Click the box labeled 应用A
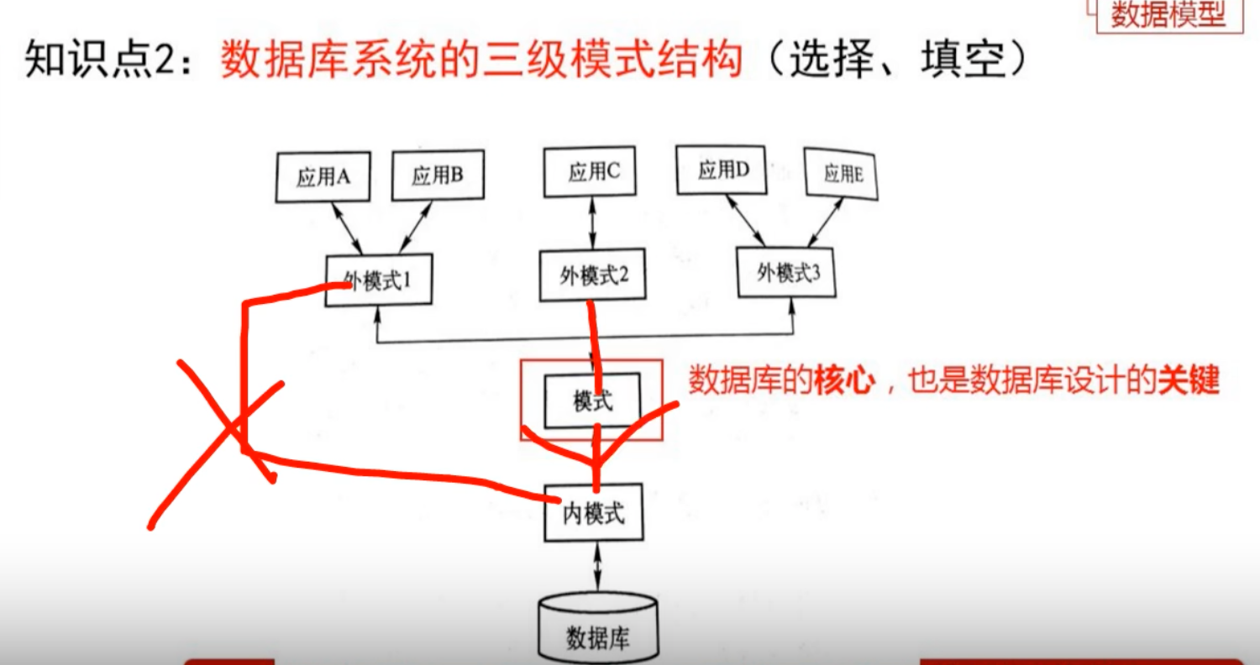[323, 177]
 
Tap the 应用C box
[593, 173]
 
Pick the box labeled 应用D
[722, 171]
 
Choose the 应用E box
[841, 174]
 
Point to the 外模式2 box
[593, 275]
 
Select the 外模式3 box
[788, 272]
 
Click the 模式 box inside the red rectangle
[592, 401]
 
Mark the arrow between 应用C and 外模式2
[593, 223]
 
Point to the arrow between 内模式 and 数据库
[597, 567]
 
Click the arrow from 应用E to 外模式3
[824, 223]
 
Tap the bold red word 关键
[1188, 382]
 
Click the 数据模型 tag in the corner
[1168, 15]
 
